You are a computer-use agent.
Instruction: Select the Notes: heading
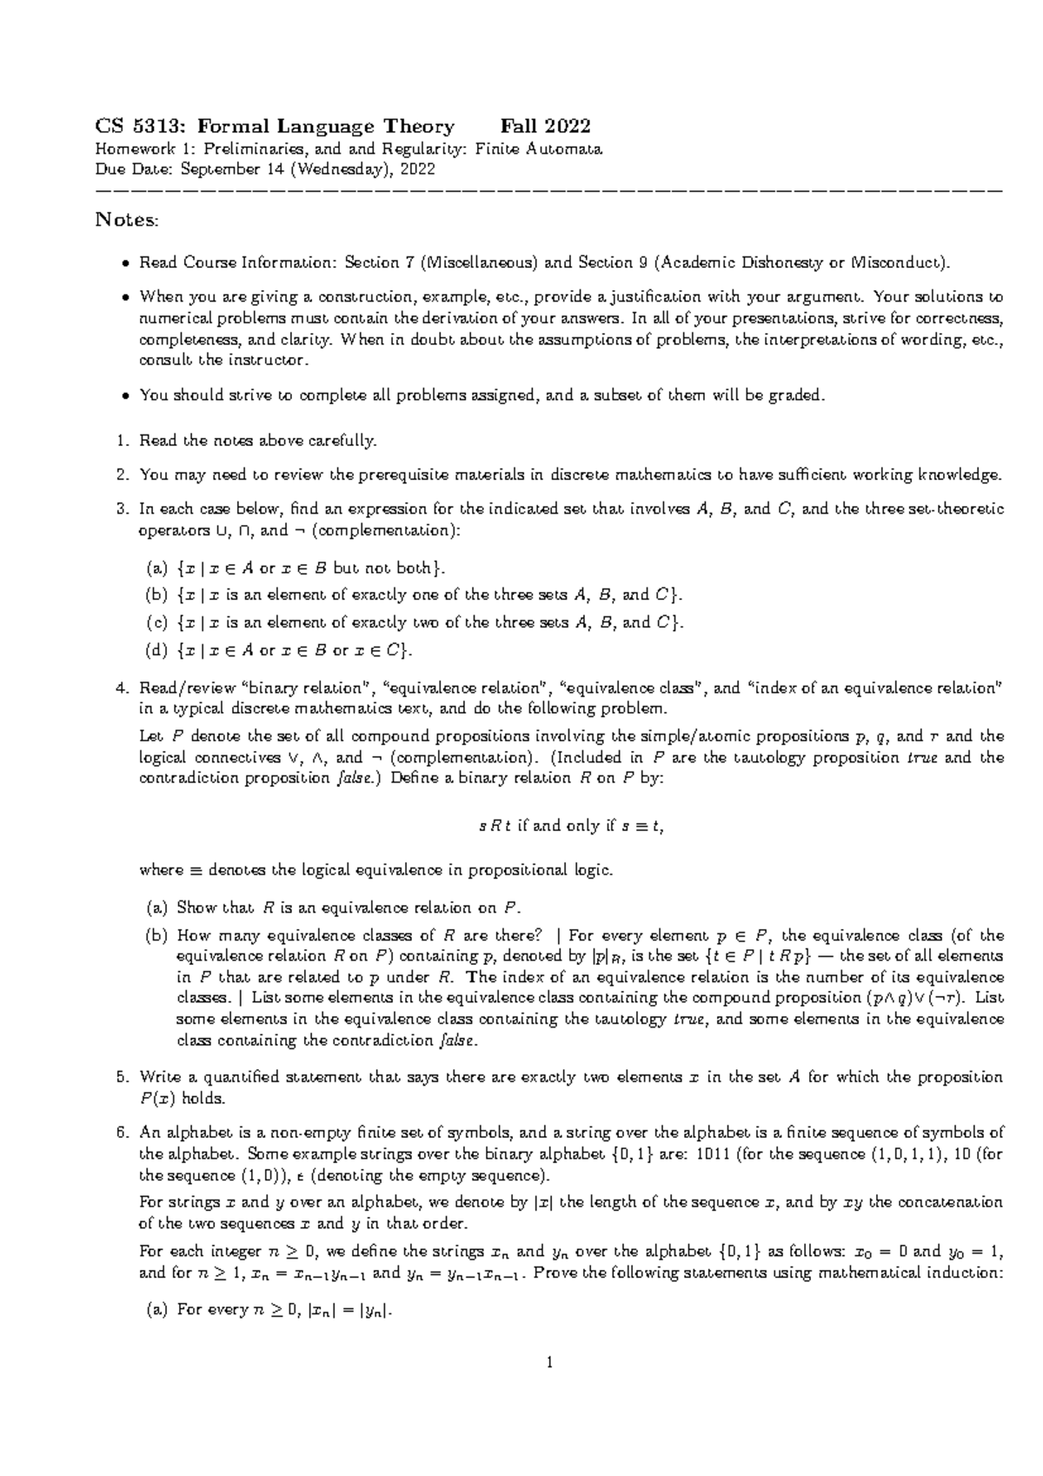click(x=127, y=220)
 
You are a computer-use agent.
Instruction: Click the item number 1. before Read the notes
click(x=123, y=441)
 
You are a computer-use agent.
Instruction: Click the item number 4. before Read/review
click(x=123, y=688)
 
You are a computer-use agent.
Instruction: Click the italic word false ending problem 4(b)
click(x=460, y=1041)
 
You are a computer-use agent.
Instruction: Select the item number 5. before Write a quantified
click(x=123, y=1078)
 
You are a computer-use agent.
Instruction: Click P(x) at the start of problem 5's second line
click(x=157, y=1099)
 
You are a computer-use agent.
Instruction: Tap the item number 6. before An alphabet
click(x=123, y=1133)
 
